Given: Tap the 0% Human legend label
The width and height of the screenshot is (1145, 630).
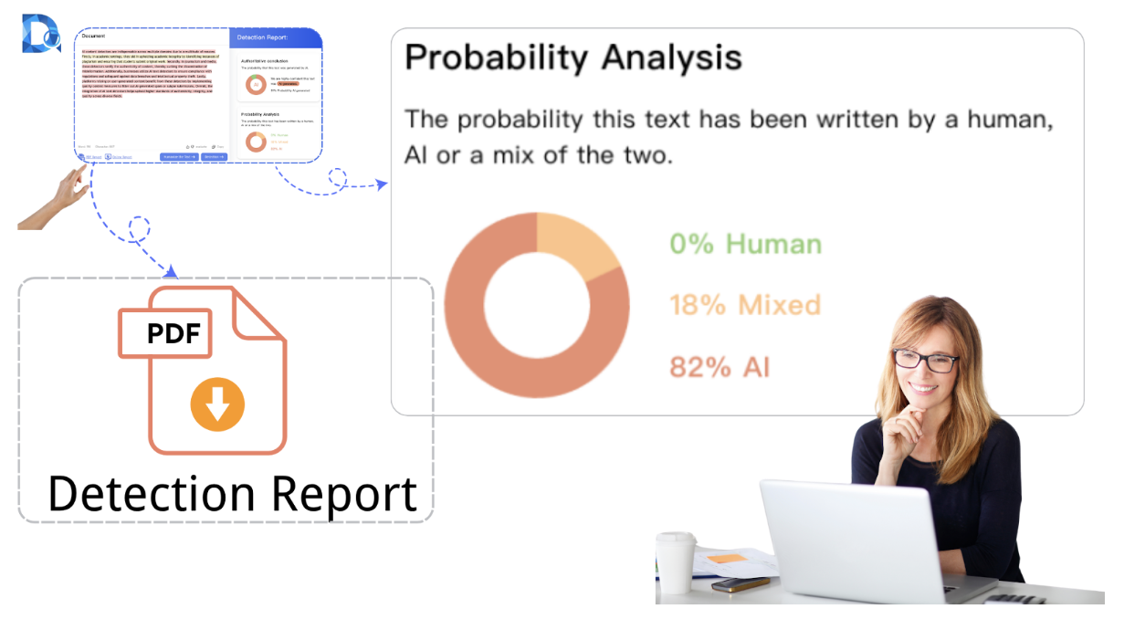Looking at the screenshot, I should (x=745, y=244).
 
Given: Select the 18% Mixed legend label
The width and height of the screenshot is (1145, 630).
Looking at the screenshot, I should (x=745, y=305).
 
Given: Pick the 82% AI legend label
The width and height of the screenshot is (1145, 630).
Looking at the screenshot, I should (x=720, y=367).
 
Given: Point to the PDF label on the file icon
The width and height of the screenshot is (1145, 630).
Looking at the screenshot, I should (x=174, y=333).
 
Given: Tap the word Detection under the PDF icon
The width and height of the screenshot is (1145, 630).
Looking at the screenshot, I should (x=152, y=494).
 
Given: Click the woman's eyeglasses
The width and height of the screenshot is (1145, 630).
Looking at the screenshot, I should (x=925, y=359).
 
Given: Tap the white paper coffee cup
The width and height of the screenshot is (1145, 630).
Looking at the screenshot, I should (x=676, y=562).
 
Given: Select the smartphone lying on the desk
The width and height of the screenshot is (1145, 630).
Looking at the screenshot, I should (x=741, y=584).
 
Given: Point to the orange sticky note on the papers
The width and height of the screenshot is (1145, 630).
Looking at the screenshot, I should (x=728, y=557).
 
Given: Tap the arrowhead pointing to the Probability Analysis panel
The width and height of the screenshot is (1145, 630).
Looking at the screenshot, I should (x=382, y=184).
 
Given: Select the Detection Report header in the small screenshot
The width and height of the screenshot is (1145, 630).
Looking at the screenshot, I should (x=262, y=37).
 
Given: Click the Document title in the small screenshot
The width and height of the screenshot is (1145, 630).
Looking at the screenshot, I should (x=93, y=37).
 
